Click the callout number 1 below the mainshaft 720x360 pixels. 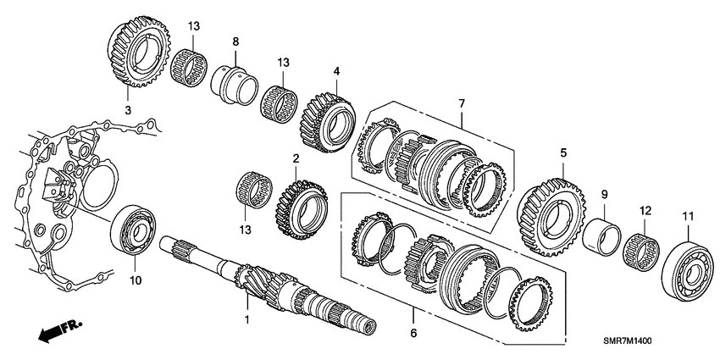click(246, 320)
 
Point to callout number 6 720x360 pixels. click(413, 333)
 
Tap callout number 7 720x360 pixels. click(462, 103)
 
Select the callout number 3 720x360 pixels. click(128, 110)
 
